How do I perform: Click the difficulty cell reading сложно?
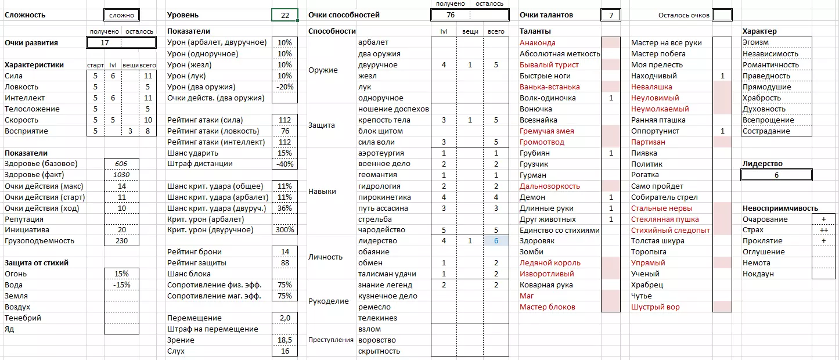tap(122, 15)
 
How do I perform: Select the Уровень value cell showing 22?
tap(285, 15)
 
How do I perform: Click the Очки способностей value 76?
tap(451, 15)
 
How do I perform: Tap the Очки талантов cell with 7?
tap(611, 15)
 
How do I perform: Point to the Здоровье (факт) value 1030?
tap(121, 175)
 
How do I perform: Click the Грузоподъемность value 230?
tap(121, 241)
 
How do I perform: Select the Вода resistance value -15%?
tap(121, 285)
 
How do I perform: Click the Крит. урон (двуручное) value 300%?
tap(285, 230)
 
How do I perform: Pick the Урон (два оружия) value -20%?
tap(285, 87)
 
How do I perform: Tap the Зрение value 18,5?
tap(285, 340)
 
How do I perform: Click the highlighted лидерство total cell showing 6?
tap(496, 241)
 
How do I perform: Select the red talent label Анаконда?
tap(538, 43)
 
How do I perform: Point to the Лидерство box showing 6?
tap(776, 175)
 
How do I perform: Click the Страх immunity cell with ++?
tap(823, 231)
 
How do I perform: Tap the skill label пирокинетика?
tap(384, 197)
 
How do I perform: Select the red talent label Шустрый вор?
tap(655, 307)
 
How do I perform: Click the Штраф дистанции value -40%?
tap(285, 164)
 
